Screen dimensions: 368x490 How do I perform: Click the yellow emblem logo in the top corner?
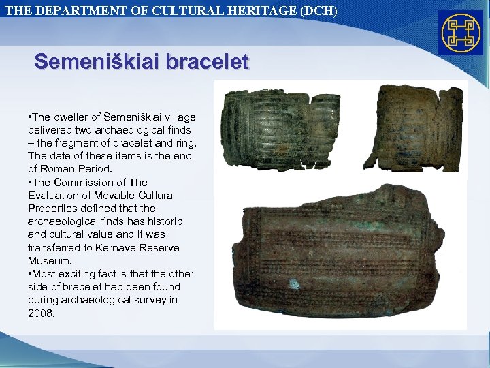(x=461, y=33)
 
